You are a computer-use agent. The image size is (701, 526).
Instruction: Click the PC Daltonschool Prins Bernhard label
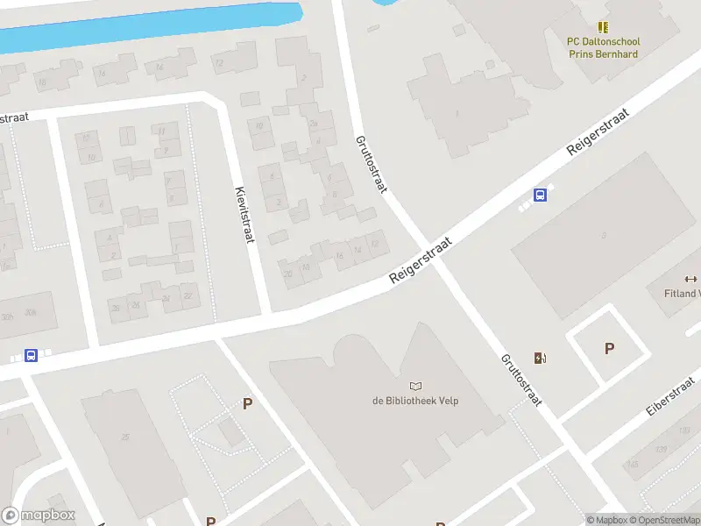pyautogui.click(x=603, y=47)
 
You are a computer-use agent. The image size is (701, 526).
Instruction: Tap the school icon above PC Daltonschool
pyautogui.click(x=603, y=28)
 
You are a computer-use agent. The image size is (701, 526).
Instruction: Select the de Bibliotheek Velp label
pyautogui.click(x=415, y=401)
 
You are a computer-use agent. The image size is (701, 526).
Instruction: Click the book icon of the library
pyautogui.click(x=415, y=386)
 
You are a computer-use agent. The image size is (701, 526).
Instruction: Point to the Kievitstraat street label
pyautogui.click(x=244, y=214)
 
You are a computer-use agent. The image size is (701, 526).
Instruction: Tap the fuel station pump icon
pyautogui.click(x=541, y=358)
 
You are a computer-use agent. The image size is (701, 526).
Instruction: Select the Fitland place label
pyautogui.click(x=682, y=294)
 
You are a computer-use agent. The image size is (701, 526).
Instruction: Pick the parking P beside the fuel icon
pyautogui.click(x=609, y=349)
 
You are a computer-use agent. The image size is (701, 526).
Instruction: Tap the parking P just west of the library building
pyautogui.click(x=248, y=404)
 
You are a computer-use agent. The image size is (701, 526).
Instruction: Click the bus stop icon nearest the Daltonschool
pyautogui.click(x=541, y=195)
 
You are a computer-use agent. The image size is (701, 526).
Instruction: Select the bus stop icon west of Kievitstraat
pyautogui.click(x=31, y=355)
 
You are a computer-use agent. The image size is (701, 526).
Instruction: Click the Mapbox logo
pyautogui.click(x=39, y=515)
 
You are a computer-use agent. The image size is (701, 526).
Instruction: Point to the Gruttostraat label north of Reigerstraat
pyautogui.click(x=371, y=164)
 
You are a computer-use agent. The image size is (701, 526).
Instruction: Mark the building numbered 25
pyautogui.click(x=126, y=437)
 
